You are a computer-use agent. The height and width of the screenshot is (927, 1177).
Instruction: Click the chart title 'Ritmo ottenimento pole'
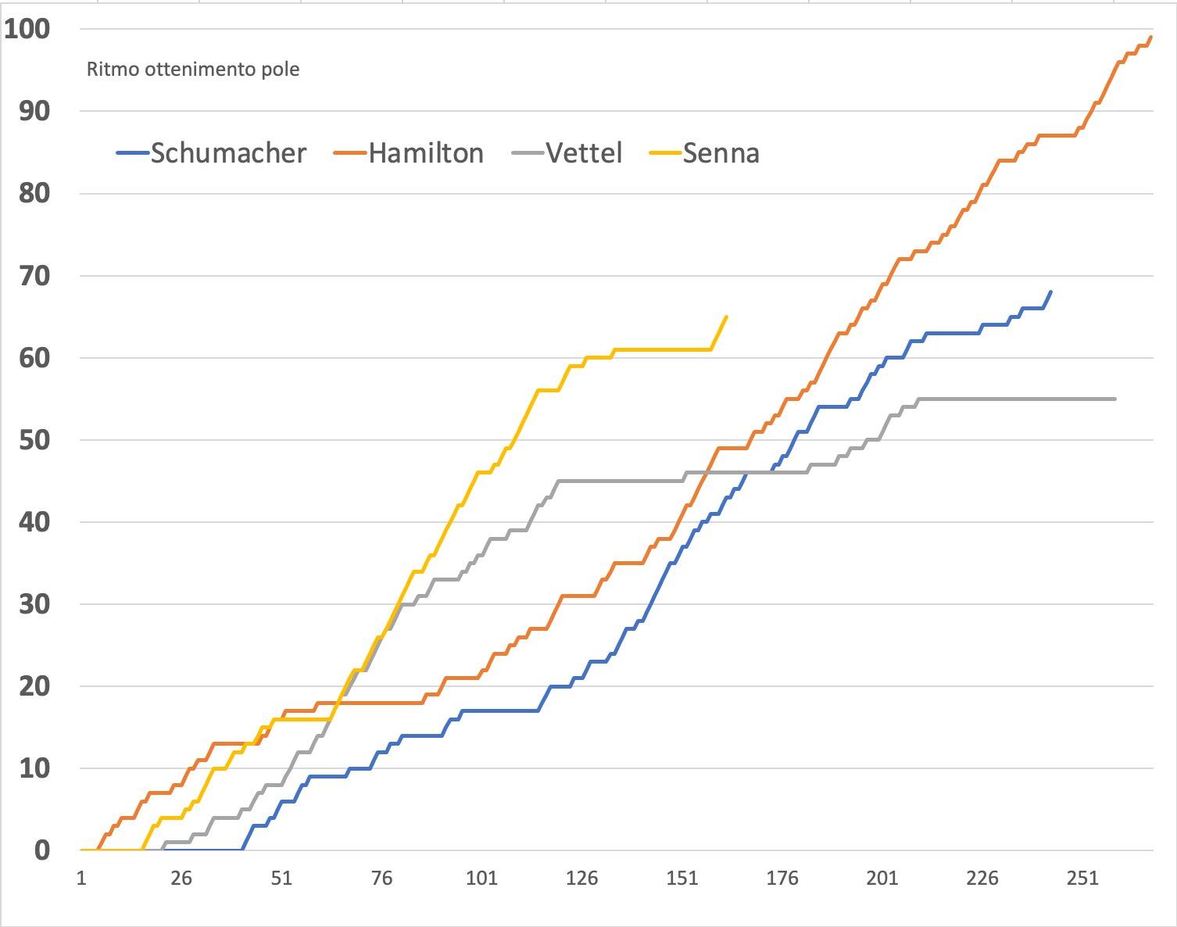(x=193, y=70)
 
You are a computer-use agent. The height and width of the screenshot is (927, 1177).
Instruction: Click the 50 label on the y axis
(x=34, y=440)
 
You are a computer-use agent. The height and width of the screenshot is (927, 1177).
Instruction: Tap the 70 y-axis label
(x=34, y=275)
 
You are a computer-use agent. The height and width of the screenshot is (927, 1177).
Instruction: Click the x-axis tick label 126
(x=581, y=879)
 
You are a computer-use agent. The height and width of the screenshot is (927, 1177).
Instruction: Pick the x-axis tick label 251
(x=1082, y=879)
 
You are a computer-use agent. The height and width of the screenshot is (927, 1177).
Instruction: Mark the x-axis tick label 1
(x=81, y=879)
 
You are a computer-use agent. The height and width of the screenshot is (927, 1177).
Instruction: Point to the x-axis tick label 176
(x=782, y=879)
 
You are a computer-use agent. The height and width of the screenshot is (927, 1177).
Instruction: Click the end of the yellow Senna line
(x=727, y=317)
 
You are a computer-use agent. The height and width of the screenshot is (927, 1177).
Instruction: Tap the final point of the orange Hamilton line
(x=1150, y=37)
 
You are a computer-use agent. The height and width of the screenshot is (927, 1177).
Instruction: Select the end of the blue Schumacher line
(x=1050, y=292)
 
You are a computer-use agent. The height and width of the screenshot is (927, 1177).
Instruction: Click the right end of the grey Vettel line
(x=1114, y=399)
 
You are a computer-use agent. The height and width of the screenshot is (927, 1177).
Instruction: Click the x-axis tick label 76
(x=381, y=879)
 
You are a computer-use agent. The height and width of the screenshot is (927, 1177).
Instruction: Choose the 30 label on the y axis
(x=34, y=604)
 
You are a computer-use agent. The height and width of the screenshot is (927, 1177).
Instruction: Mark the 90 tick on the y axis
(x=34, y=111)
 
